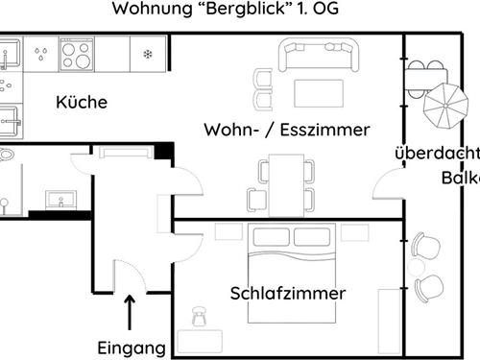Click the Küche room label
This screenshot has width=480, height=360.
(81, 103)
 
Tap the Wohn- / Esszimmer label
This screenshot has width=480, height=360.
(287, 130)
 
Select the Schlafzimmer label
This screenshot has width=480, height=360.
(287, 293)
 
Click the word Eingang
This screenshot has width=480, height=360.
(132, 348)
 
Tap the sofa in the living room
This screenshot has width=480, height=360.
(317, 55)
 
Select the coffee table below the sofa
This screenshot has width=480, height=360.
(318, 92)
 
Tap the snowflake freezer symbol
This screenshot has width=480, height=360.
(147, 53)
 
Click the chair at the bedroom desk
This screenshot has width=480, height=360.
(200, 315)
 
